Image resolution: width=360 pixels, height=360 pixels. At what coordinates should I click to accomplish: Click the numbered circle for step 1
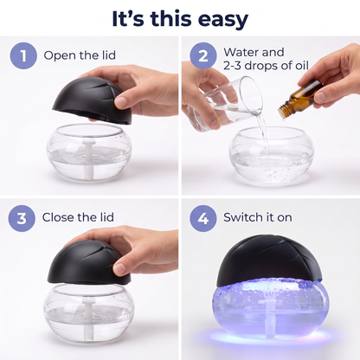coord(23,55)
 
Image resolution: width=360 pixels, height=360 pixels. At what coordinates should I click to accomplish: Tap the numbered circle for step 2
coord(203,55)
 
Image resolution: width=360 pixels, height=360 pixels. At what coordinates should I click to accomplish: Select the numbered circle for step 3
coord(22,218)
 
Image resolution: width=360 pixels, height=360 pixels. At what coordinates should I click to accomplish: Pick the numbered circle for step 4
coord(203,218)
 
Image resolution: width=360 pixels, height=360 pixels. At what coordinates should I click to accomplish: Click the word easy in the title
coord(220,19)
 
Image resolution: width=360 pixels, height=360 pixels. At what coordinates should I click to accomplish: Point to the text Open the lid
coord(80,55)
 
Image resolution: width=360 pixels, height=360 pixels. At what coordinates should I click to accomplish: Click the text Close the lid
coord(78,217)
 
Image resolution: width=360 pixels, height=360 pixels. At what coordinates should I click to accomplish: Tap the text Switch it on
coord(258,217)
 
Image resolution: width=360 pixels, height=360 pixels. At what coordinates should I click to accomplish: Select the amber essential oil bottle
coord(300,99)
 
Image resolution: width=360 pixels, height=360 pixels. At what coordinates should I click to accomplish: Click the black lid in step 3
coord(89,262)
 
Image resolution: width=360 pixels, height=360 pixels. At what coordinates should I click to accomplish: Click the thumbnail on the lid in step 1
coord(121,101)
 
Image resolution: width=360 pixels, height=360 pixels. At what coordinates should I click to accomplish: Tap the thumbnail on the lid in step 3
coord(120,268)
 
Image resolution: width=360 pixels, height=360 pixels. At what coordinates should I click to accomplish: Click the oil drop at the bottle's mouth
coord(284,119)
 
